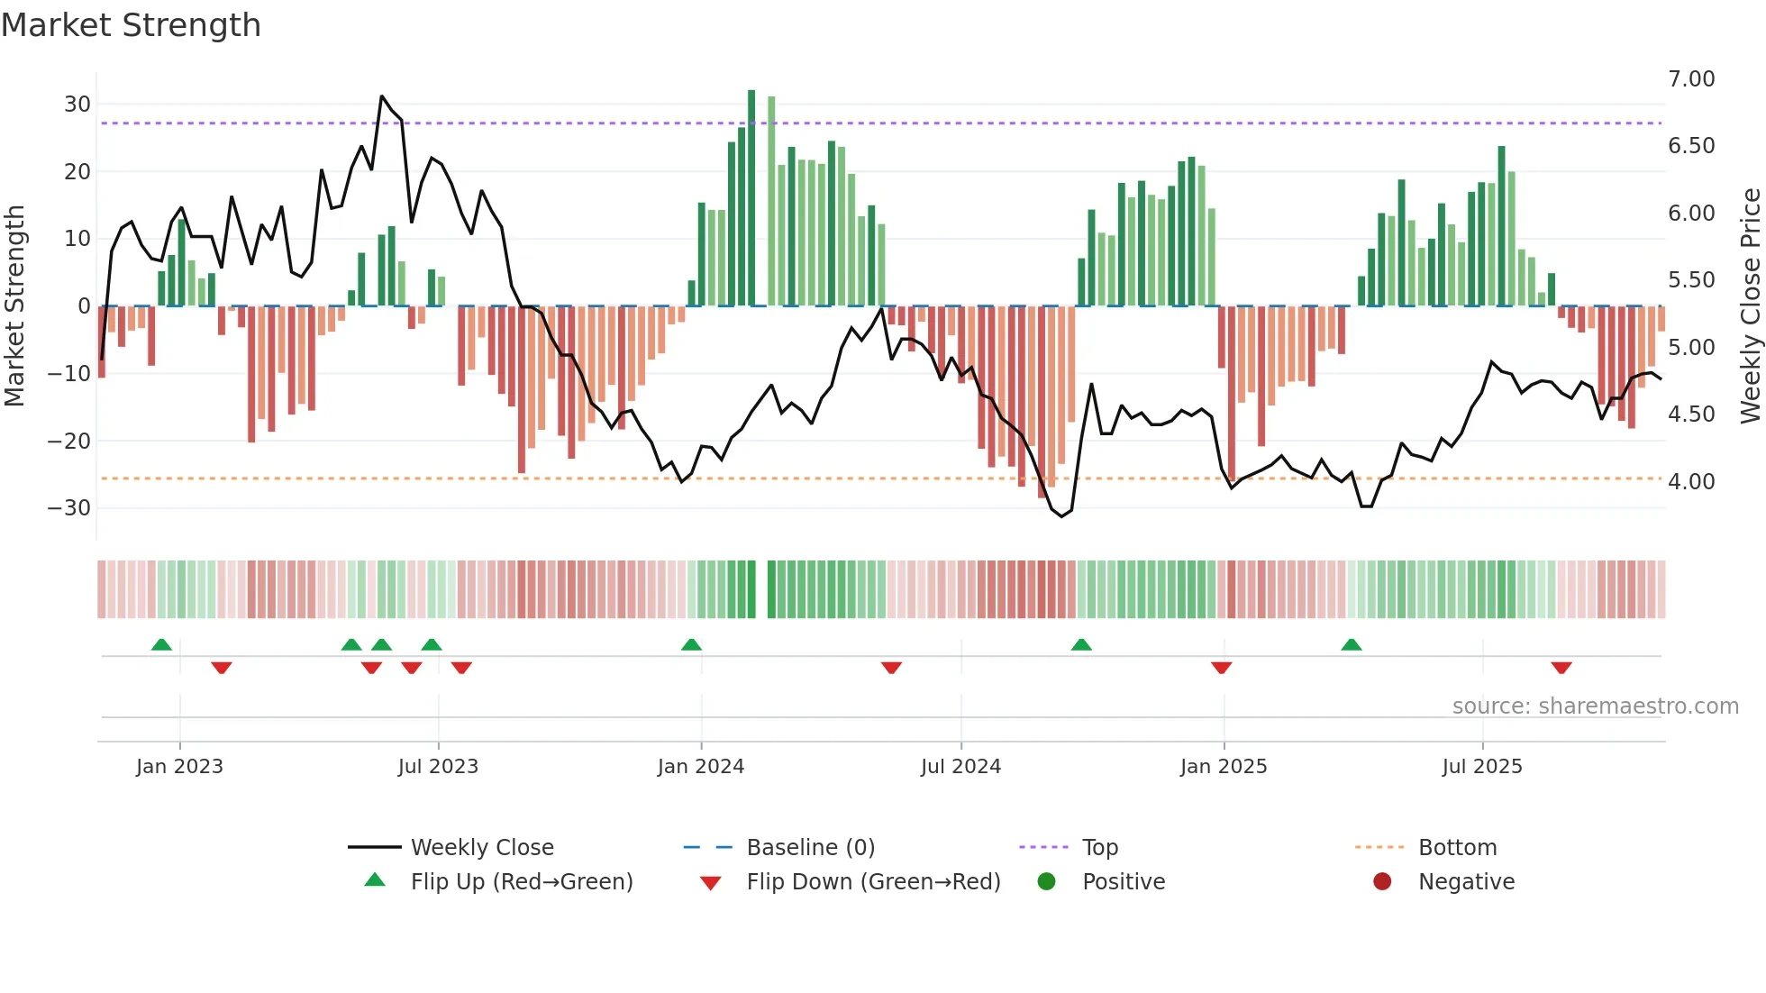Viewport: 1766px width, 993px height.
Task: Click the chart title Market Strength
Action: [x=131, y=25]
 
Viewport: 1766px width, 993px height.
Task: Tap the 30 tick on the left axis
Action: [x=77, y=105]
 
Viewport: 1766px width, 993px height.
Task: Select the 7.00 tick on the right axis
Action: [x=1691, y=79]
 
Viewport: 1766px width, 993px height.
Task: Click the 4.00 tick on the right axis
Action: [x=1691, y=482]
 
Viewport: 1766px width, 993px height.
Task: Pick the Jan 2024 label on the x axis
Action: [x=701, y=767]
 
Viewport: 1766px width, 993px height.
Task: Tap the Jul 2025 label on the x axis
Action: [x=1482, y=767]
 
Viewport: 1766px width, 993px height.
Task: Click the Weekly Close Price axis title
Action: [x=1750, y=306]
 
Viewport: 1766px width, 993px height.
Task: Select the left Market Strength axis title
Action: [x=15, y=306]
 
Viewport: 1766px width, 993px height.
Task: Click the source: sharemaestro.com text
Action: [x=1595, y=706]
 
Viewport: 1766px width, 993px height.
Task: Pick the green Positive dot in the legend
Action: [x=1046, y=882]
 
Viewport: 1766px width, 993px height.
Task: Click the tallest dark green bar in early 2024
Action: [x=751, y=198]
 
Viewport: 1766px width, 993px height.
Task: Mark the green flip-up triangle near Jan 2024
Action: [x=691, y=645]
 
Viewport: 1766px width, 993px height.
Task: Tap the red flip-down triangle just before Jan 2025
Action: [x=1221, y=668]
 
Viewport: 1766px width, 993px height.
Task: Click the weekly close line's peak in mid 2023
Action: [x=382, y=96]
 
